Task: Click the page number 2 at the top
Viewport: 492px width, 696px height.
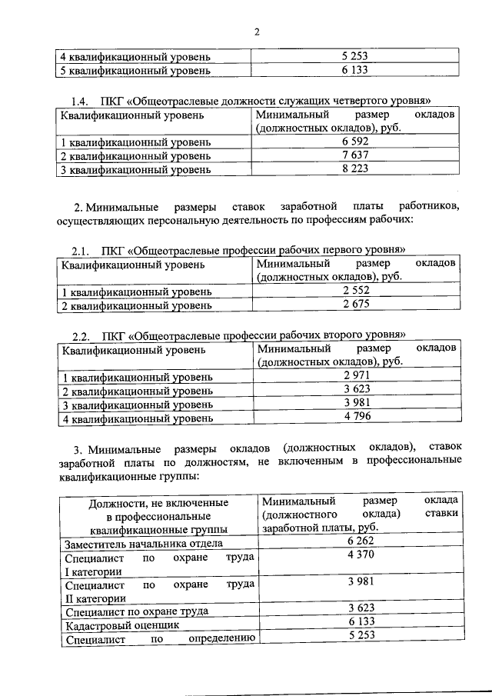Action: [258, 32]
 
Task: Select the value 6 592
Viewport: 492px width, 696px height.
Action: [355, 142]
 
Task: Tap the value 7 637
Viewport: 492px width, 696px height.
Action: [355, 156]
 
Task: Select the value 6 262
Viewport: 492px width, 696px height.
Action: [361, 543]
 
